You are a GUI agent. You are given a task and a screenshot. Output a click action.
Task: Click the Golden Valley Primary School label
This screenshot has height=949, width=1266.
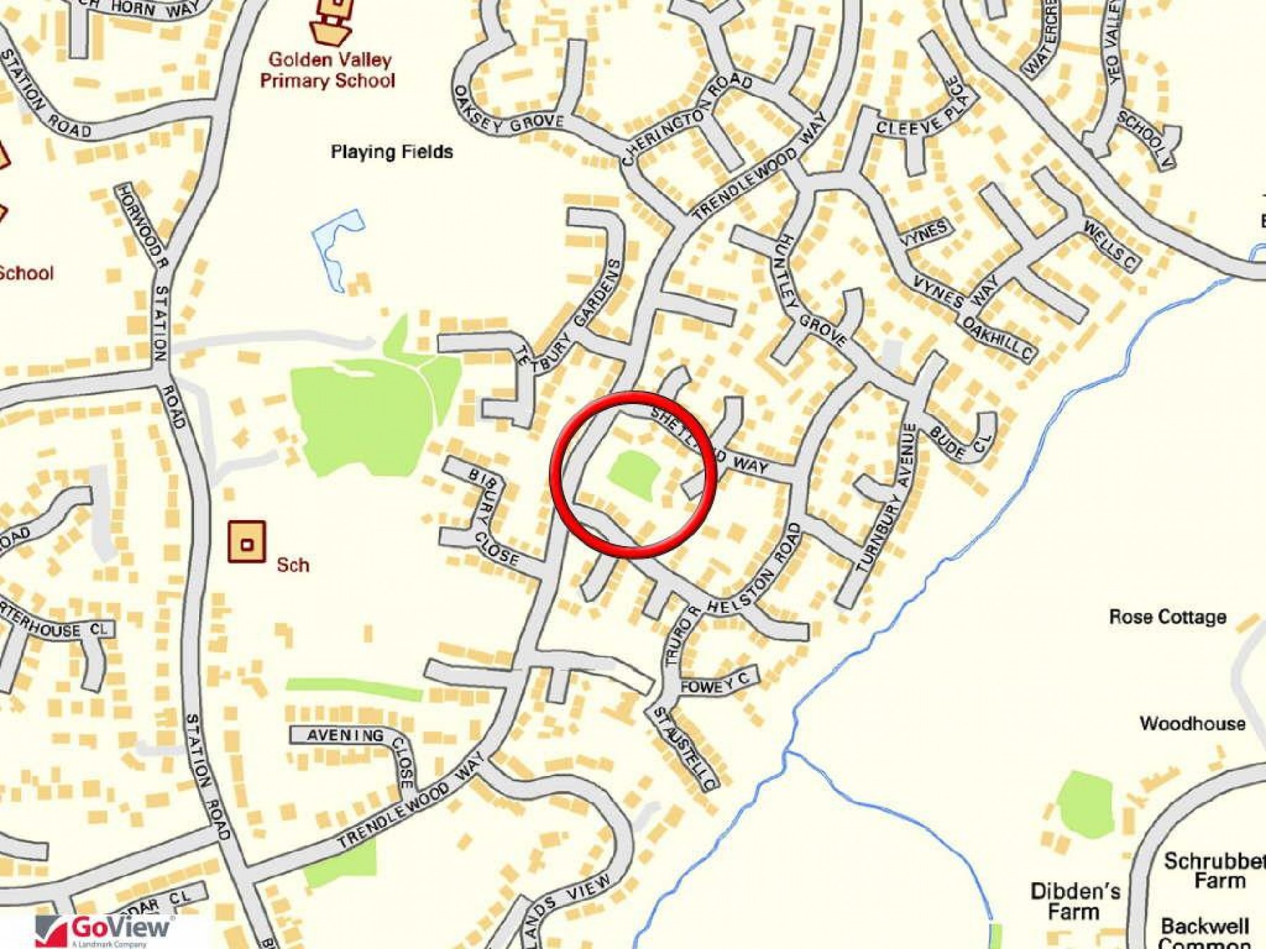pos(328,70)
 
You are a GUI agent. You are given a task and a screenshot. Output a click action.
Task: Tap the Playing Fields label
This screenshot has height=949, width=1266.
pos(392,152)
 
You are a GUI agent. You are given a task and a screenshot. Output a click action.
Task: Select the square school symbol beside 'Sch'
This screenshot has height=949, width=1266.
pos(247,542)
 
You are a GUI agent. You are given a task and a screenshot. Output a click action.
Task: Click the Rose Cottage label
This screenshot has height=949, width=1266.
pos(1168,617)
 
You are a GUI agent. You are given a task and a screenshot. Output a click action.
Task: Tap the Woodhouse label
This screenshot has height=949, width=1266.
pos(1192,723)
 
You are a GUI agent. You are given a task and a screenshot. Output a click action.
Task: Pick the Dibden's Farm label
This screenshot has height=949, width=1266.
pos(1075,901)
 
